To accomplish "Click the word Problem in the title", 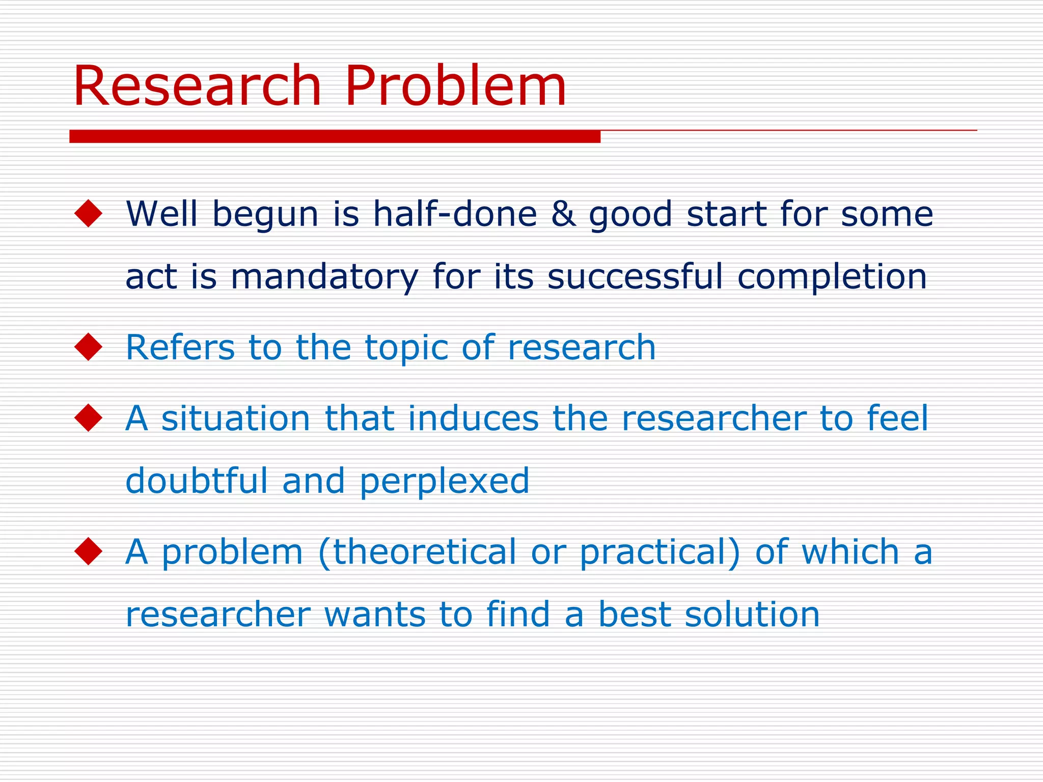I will [x=455, y=86].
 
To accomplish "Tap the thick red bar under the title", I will [x=335, y=136].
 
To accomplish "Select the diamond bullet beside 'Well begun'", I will [x=88, y=213].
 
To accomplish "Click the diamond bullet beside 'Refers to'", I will [x=88, y=347].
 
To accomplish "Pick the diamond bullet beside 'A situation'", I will [x=88, y=418].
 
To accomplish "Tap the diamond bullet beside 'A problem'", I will [x=88, y=551].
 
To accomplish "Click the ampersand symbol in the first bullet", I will [x=563, y=213].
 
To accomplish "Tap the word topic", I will [x=406, y=348].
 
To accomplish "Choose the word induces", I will [x=473, y=418].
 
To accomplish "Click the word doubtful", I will [x=197, y=481].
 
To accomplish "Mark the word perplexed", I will [x=445, y=482].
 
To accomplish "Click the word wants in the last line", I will [x=374, y=615].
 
